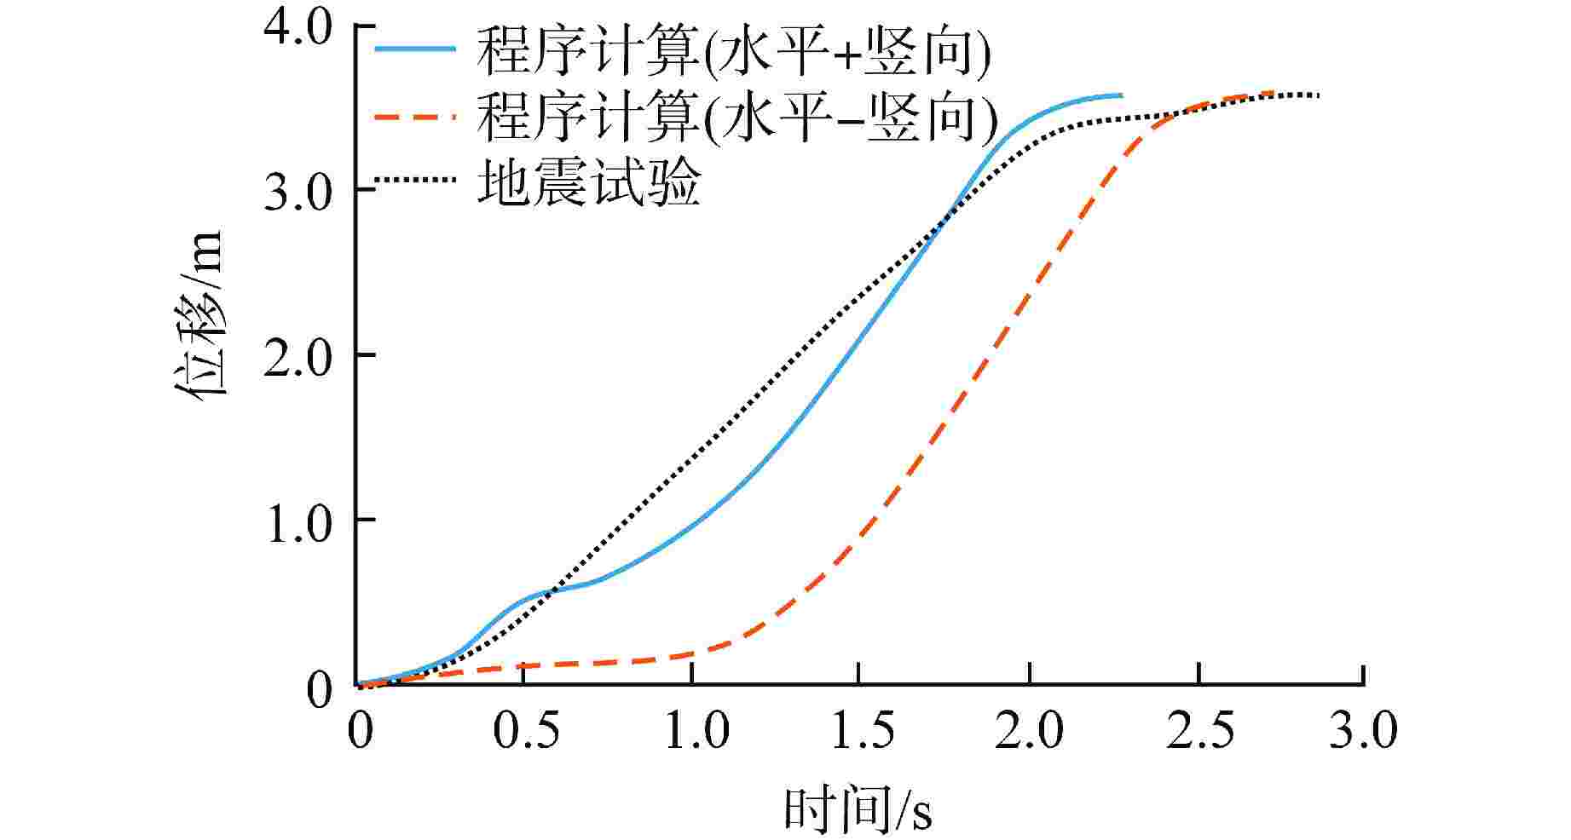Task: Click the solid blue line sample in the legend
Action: click(x=416, y=50)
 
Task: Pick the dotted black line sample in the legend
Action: click(x=416, y=181)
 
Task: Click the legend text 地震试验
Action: click(x=589, y=182)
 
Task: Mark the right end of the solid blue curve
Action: click(x=1120, y=95)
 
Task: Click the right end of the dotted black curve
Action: click(x=1318, y=95)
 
